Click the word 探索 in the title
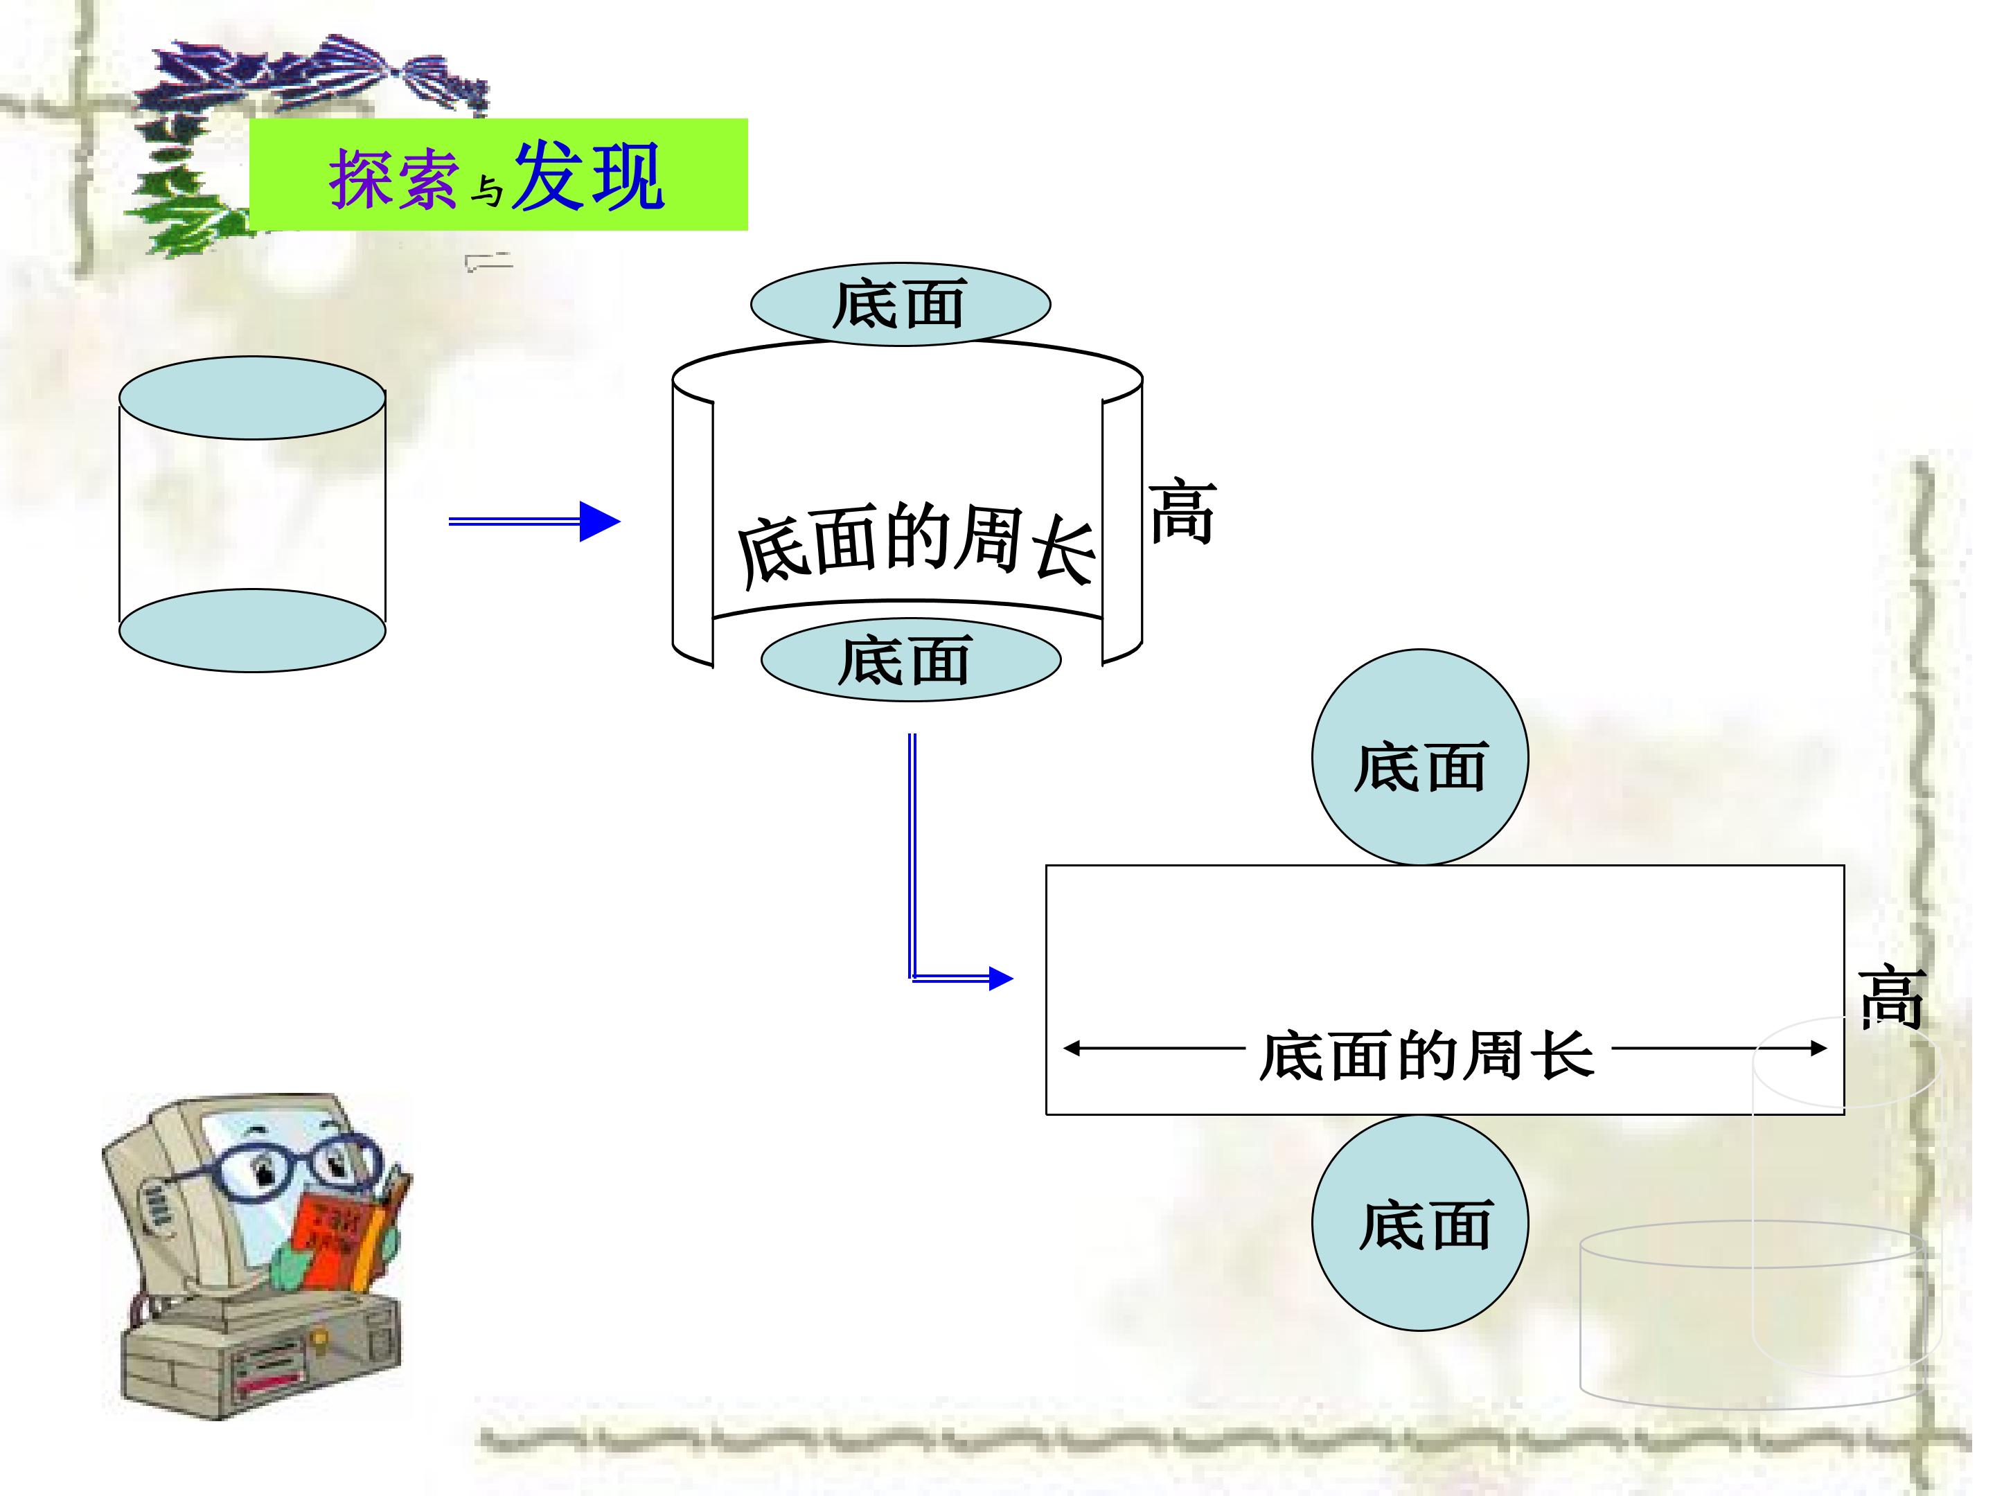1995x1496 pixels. [x=393, y=179]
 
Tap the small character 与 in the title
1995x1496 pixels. [x=487, y=190]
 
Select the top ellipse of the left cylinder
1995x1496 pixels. [x=253, y=398]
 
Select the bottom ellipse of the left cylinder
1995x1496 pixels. [x=253, y=630]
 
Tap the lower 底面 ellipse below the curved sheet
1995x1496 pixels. [x=911, y=659]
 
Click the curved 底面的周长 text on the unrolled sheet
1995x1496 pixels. [x=916, y=544]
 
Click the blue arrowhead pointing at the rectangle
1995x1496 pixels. [x=1001, y=979]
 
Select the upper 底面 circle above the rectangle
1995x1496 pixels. [x=1421, y=758]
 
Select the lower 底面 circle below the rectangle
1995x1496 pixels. [x=1421, y=1222]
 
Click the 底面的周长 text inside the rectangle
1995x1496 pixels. [x=1427, y=1055]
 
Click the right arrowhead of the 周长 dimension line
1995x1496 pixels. [x=1818, y=1048]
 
